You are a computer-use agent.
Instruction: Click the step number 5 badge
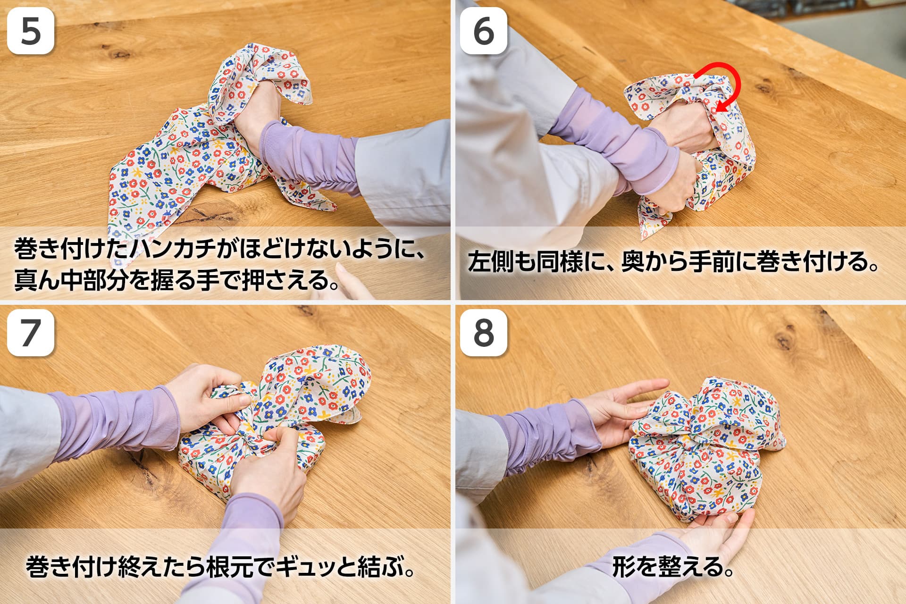tap(31, 31)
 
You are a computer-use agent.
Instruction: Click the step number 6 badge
tap(484, 31)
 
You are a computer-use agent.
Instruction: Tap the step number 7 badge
tap(31, 333)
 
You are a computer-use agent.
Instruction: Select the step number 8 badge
tap(484, 333)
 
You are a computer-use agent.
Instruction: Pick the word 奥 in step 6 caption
tap(632, 262)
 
